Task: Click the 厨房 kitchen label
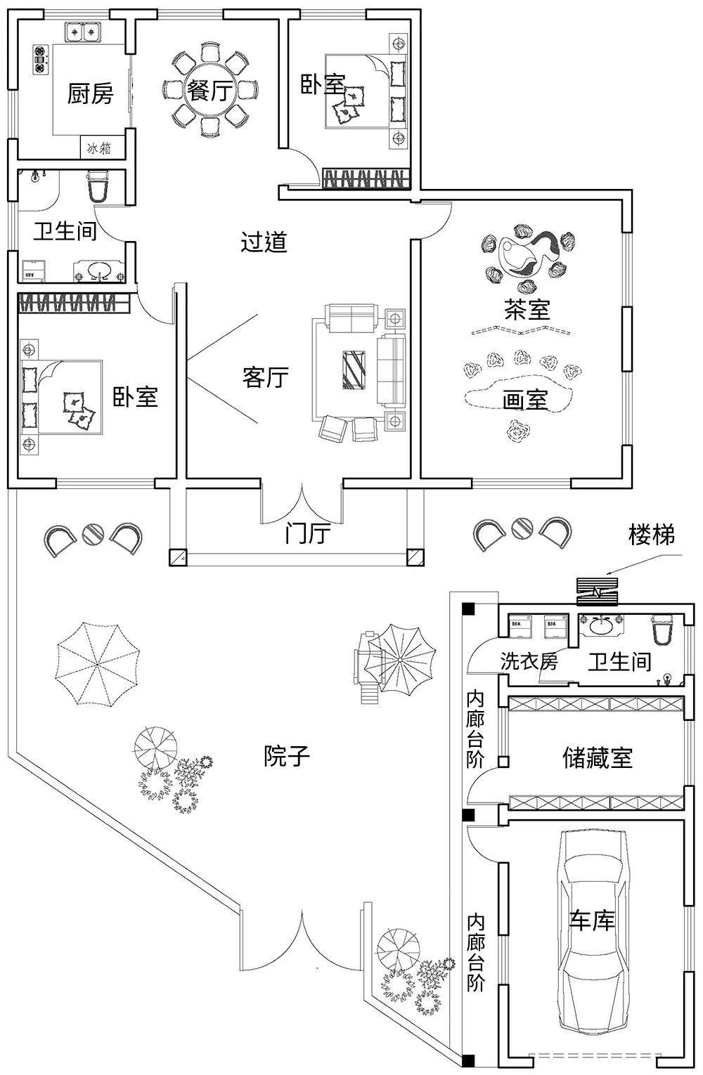click(x=90, y=93)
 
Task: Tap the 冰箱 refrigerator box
click(x=99, y=148)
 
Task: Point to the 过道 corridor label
click(x=264, y=242)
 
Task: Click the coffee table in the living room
click(x=354, y=369)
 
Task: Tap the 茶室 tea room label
click(x=527, y=309)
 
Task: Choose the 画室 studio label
click(x=525, y=400)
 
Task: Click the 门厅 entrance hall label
click(x=307, y=533)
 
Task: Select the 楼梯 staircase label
click(x=652, y=535)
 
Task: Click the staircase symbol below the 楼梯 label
click(x=597, y=591)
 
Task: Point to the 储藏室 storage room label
click(x=597, y=757)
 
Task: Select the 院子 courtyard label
click(x=287, y=756)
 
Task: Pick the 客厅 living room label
click(x=266, y=377)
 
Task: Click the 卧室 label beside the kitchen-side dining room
click(x=323, y=85)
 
